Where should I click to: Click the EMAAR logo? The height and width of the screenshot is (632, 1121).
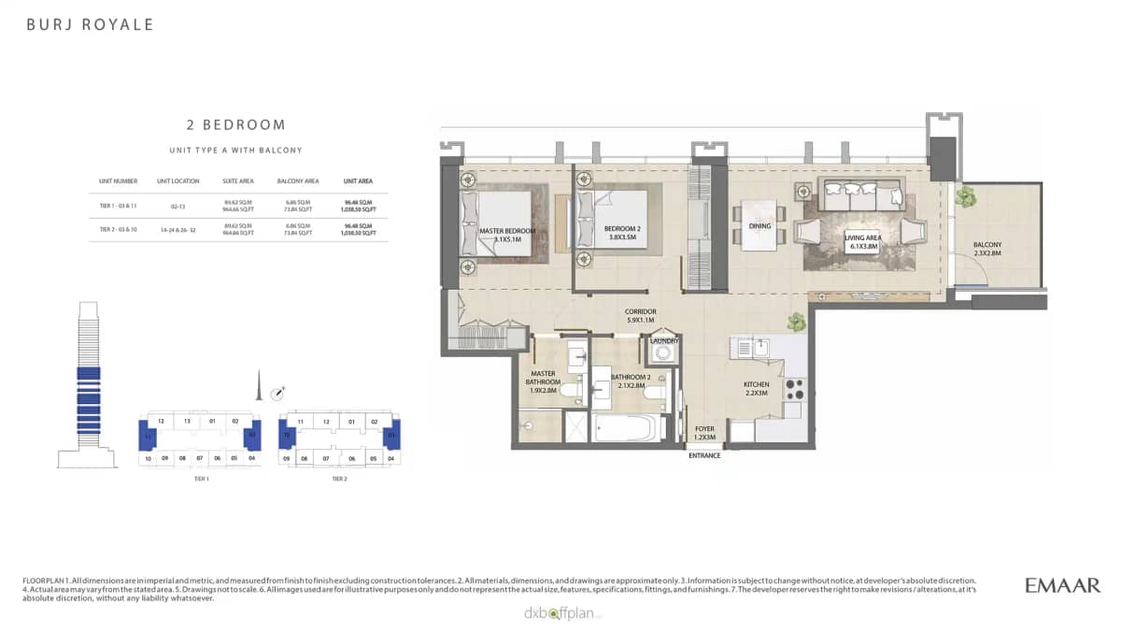point(1062,585)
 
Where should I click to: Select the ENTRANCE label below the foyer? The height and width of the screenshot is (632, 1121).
point(704,455)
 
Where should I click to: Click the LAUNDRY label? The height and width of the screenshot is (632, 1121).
point(664,341)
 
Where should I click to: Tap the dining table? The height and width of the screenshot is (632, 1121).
point(759,225)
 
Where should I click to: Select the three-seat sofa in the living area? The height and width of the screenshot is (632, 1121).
point(861,196)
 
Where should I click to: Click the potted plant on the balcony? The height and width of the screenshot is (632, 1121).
point(964,197)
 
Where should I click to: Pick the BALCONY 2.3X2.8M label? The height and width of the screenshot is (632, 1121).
point(987,249)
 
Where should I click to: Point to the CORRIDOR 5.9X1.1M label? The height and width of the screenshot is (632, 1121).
point(641,315)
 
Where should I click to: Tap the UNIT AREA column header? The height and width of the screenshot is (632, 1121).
point(357,180)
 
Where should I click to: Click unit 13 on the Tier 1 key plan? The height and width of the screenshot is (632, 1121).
point(187,422)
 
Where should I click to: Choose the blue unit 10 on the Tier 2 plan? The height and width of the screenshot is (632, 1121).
point(286,435)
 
